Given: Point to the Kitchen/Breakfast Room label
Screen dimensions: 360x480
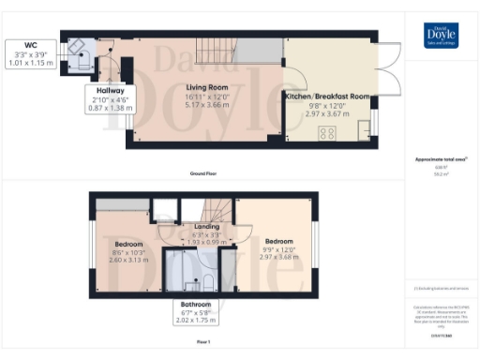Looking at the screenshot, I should pos(331,96).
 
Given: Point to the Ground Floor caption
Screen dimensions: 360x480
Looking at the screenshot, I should pos(204,174).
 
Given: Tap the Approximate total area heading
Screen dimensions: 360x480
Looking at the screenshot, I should pos(441,160).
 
